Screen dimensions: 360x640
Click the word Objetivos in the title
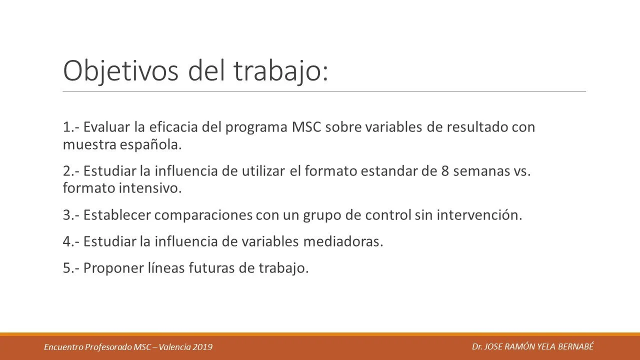(x=120, y=71)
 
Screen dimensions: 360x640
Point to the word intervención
(x=479, y=215)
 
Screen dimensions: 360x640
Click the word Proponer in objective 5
(x=113, y=268)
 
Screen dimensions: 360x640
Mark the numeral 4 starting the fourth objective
(x=67, y=241)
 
